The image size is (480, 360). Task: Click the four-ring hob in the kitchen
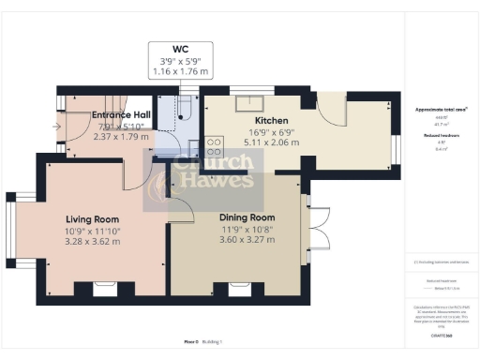(x=213, y=147)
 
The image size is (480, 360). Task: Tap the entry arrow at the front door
(x=58, y=125)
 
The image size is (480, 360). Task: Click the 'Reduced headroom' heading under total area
(x=440, y=134)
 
